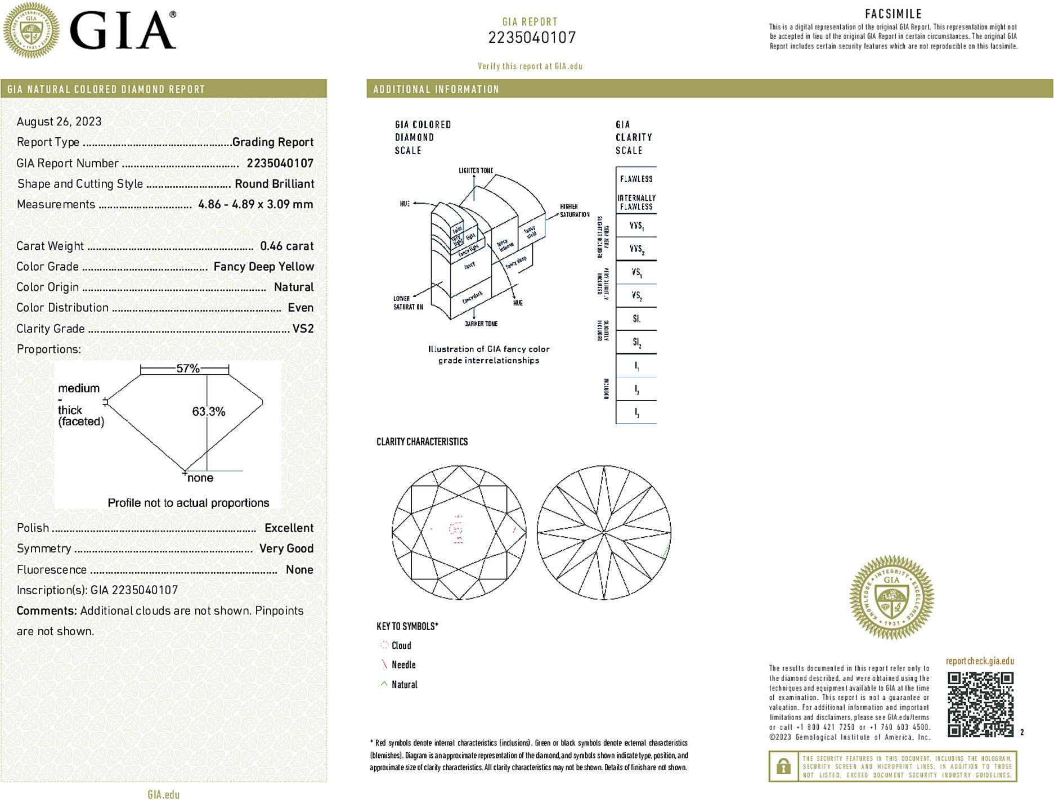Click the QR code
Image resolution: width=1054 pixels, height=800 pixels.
[980, 704]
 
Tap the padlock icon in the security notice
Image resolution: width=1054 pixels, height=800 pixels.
[783, 766]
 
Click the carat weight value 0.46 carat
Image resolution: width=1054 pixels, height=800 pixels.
[286, 246]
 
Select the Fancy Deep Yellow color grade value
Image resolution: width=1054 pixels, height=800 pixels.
[263, 267]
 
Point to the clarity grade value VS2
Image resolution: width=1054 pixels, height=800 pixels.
[303, 329]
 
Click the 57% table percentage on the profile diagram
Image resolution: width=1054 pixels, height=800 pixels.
[188, 368]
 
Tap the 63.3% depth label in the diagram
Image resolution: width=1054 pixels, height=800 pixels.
[209, 411]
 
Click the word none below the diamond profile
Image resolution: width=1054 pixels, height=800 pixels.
[200, 478]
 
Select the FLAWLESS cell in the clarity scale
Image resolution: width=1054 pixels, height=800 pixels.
[636, 179]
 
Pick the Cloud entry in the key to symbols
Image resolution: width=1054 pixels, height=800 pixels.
[401, 646]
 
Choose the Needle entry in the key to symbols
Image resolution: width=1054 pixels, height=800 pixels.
[403, 665]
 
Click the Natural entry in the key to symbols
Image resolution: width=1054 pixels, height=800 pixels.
[404, 685]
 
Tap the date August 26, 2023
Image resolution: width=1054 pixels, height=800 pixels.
[59, 122]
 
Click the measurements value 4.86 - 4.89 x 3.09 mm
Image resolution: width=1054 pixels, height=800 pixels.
[255, 204]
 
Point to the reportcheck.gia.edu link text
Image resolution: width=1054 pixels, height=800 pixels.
[980, 661]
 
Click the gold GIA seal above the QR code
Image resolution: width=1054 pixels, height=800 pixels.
[891, 597]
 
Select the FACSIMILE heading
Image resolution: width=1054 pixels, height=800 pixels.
[893, 14]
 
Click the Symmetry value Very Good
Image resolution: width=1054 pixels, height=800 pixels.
[286, 549]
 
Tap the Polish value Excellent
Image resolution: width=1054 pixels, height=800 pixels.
[289, 528]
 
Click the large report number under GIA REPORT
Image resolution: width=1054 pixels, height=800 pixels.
[532, 38]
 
